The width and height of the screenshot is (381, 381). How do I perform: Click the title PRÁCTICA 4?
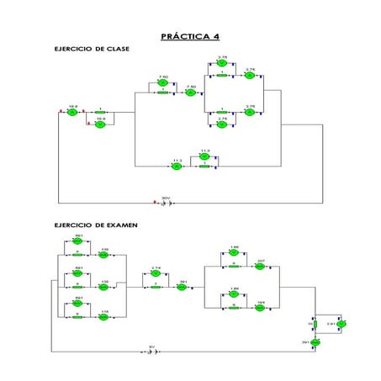coord(190,37)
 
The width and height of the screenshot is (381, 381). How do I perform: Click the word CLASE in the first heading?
coord(114,50)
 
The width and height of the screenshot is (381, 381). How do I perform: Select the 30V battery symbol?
coord(167,203)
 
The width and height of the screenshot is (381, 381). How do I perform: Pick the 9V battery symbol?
coord(152,351)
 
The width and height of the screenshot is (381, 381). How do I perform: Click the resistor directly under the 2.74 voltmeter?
coord(156,287)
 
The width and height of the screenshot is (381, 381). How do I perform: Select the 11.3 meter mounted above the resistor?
coord(204,156)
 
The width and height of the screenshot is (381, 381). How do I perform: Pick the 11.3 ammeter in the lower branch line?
coord(177,167)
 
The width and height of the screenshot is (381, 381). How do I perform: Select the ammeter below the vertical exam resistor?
coord(316,343)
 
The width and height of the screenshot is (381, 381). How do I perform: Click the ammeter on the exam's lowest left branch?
coord(104,317)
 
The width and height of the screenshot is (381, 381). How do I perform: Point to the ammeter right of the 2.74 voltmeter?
coord(183,287)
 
